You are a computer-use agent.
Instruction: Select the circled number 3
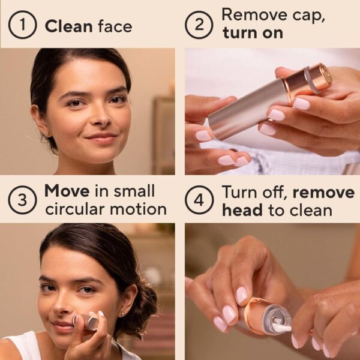click(22, 200)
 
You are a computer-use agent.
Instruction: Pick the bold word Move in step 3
click(66, 192)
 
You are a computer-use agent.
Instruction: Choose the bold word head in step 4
click(243, 210)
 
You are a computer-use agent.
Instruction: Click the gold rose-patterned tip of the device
click(325, 74)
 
